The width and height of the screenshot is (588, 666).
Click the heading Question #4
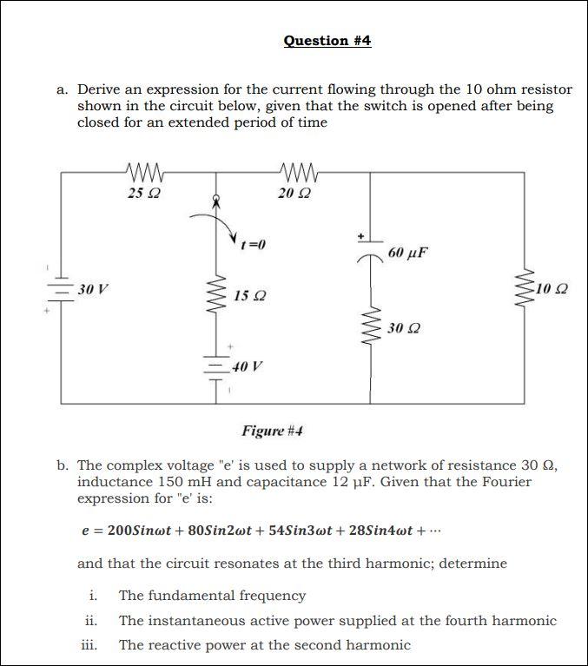point(327,41)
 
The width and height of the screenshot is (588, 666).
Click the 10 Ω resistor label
point(555,288)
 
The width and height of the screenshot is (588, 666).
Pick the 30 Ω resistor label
point(403,328)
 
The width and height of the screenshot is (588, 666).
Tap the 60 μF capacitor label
point(408,254)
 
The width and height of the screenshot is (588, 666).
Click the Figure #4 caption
point(272,431)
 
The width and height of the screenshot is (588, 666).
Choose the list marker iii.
point(89,644)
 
